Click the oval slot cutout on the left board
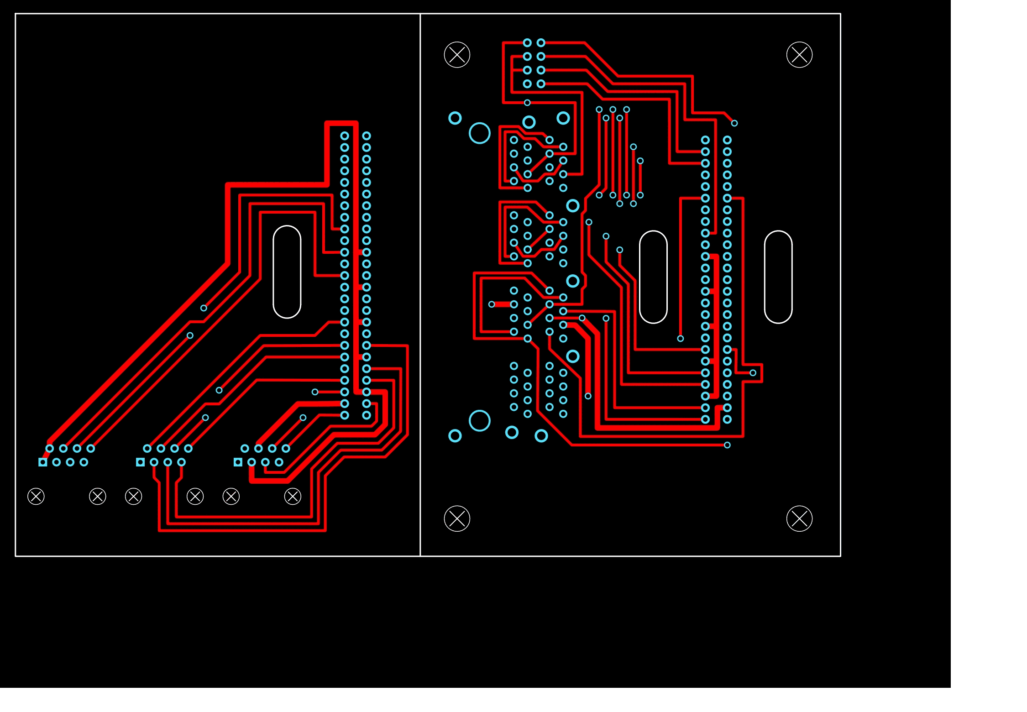(x=287, y=272)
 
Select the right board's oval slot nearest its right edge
(x=778, y=277)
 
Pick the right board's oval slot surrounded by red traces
(x=653, y=277)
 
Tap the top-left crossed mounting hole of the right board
(x=457, y=55)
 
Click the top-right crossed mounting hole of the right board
(x=799, y=55)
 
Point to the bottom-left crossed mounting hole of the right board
(x=457, y=518)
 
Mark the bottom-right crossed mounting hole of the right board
(x=799, y=518)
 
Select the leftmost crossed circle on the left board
(x=36, y=496)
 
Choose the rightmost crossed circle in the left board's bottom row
(x=293, y=496)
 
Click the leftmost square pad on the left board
(x=43, y=462)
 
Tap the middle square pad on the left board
(x=141, y=462)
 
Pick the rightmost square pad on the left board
(x=238, y=462)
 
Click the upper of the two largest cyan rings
(x=479, y=133)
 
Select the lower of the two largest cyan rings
(x=479, y=421)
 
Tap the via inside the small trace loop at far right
(x=753, y=373)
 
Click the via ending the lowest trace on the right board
(x=727, y=445)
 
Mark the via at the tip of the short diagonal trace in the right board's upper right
(x=734, y=123)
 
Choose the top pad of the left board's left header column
(x=345, y=136)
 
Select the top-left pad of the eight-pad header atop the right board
(x=527, y=43)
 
